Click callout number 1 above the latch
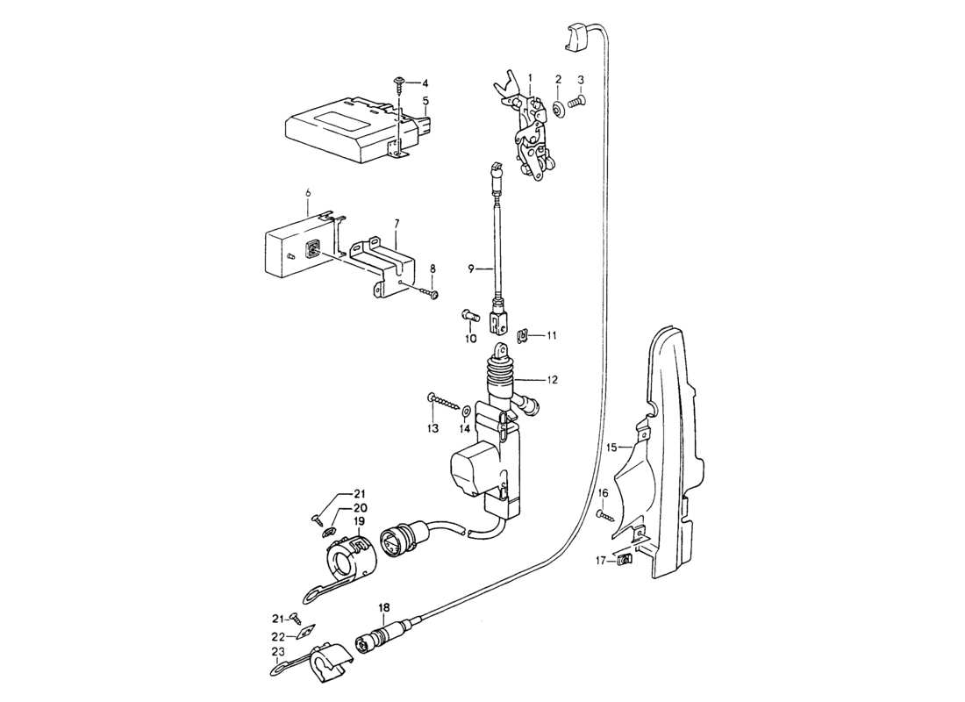pyautogui.click(x=530, y=78)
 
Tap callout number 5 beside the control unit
pyautogui.click(x=425, y=101)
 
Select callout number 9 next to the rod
pyautogui.click(x=471, y=267)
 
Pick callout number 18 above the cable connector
pyautogui.click(x=383, y=607)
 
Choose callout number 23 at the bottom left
pyautogui.click(x=278, y=652)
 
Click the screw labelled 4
pyautogui.click(x=399, y=83)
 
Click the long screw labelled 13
pyautogui.click(x=446, y=403)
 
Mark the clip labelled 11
pyautogui.click(x=524, y=333)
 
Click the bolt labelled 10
pyautogui.click(x=467, y=315)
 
